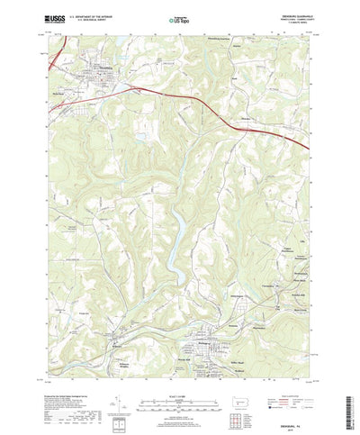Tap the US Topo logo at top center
click(179, 18)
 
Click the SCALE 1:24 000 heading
click(179, 389)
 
